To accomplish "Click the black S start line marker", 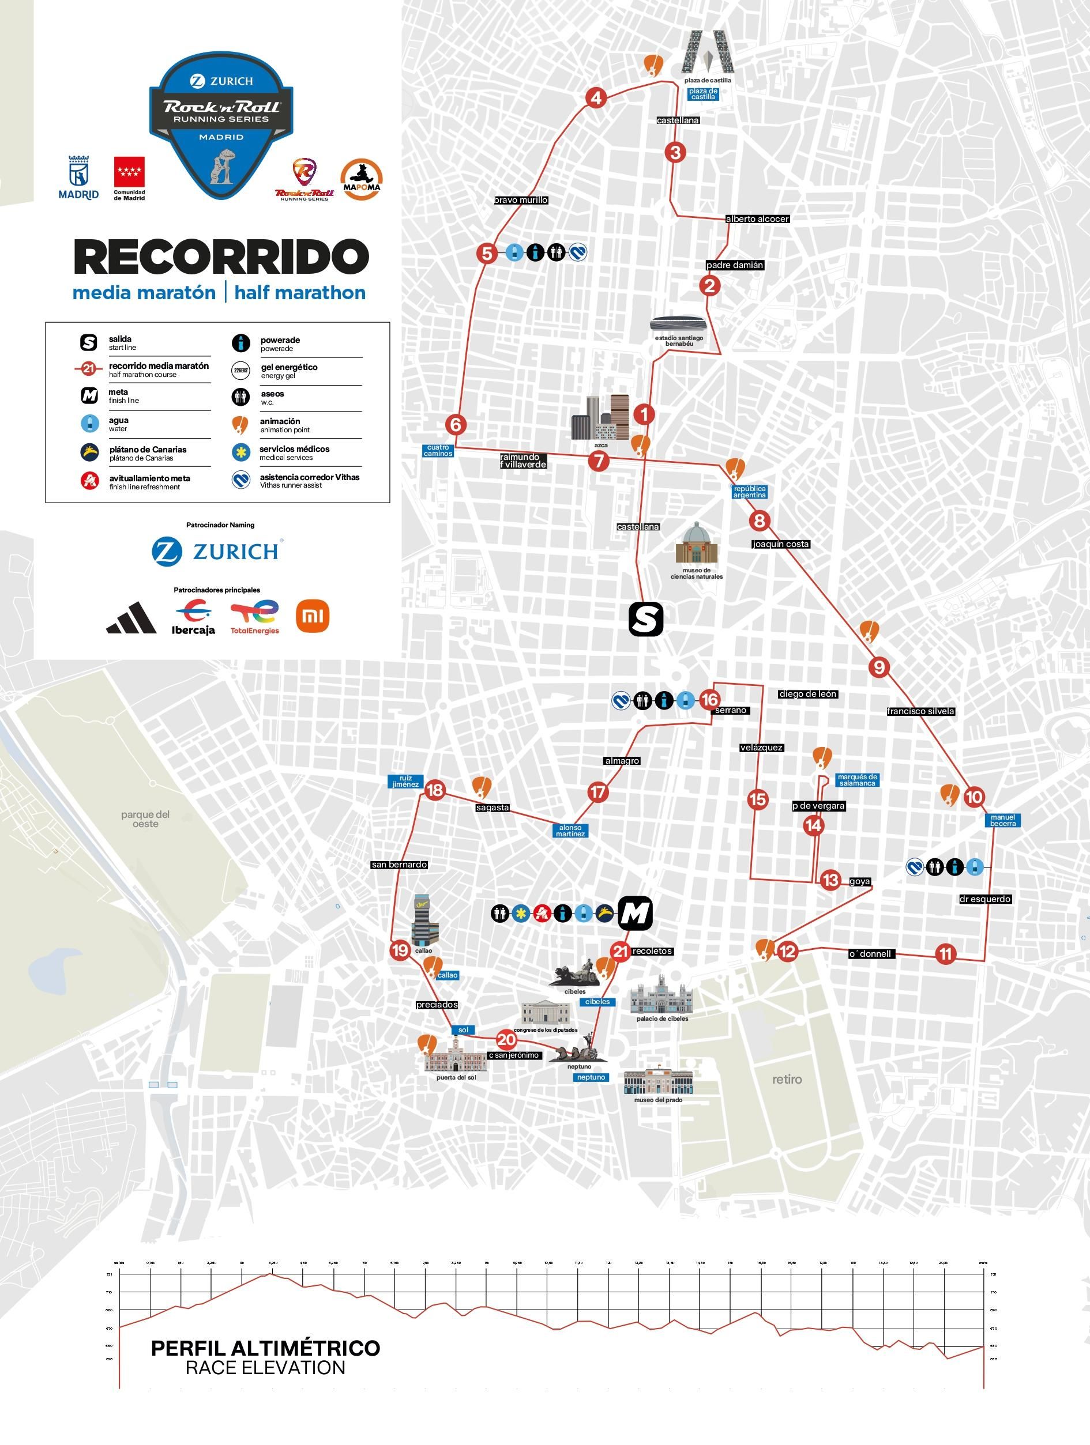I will click(645, 618).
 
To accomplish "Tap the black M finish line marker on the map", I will click(634, 912).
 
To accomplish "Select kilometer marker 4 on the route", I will click(596, 98).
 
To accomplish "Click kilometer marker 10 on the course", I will click(974, 797).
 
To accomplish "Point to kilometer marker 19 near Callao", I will click(400, 950).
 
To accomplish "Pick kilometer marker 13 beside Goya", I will click(830, 880).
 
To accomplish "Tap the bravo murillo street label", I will click(521, 200).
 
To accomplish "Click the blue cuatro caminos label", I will click(438, 451).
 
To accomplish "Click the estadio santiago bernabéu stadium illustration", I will click(678, 324).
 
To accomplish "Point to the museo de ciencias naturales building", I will click(696, 544).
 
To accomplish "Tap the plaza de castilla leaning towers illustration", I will click(708, 52).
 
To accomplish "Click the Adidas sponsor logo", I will click(131, 618).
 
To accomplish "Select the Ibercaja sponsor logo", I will click(193, 617).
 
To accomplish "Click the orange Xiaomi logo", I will click(313, 616).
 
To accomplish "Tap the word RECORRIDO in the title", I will click(221, 256).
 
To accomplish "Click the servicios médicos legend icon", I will click(240, 452).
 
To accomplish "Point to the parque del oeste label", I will click(145, 818).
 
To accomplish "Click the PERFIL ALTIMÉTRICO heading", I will click(265, 1348).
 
